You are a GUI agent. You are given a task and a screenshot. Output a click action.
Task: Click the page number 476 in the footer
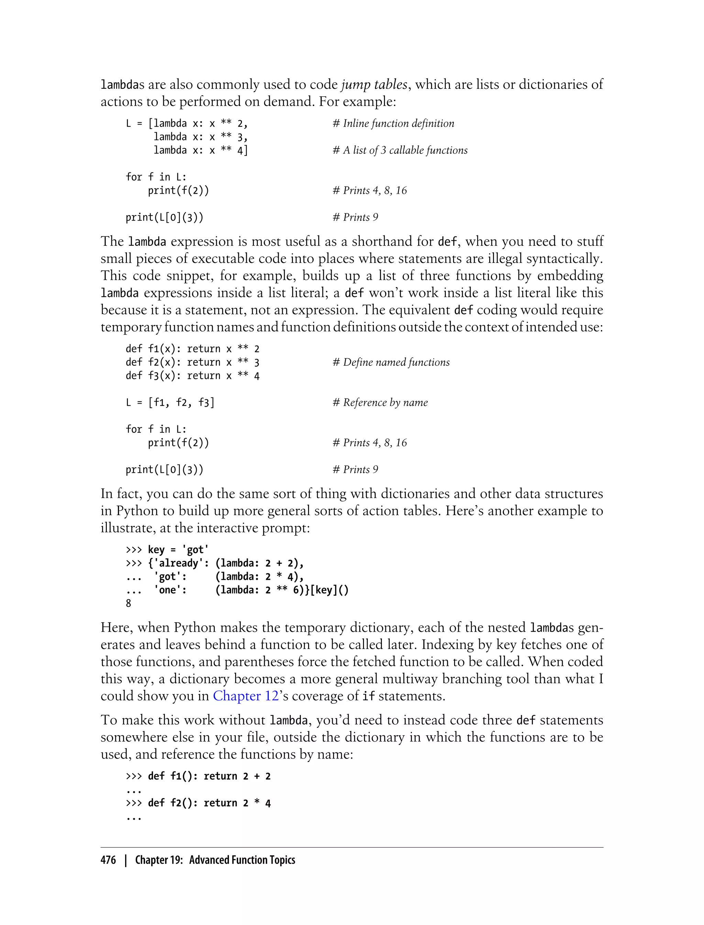(108, 860)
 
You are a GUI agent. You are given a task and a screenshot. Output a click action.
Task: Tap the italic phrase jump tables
(374, 84)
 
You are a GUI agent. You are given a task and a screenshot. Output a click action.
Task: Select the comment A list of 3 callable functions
(400, 150)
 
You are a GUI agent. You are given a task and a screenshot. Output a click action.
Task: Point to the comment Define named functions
(391, 362)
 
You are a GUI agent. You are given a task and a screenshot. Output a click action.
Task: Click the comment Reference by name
(380, 402)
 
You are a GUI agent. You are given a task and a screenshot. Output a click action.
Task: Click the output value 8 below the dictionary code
(128, 603)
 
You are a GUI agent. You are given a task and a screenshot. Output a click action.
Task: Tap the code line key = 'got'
(178, 550)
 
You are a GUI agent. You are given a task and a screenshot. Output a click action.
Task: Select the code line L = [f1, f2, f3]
(170, 402)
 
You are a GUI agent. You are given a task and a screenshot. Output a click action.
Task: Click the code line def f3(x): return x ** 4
(192, 375)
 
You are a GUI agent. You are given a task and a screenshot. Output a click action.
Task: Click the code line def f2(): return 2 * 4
(209, 803)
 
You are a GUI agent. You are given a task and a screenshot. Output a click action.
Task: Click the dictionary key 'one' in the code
(170, 590)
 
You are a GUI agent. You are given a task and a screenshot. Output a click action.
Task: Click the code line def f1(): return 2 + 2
(209, 776)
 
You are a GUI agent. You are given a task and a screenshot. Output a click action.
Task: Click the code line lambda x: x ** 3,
(200, 137)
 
